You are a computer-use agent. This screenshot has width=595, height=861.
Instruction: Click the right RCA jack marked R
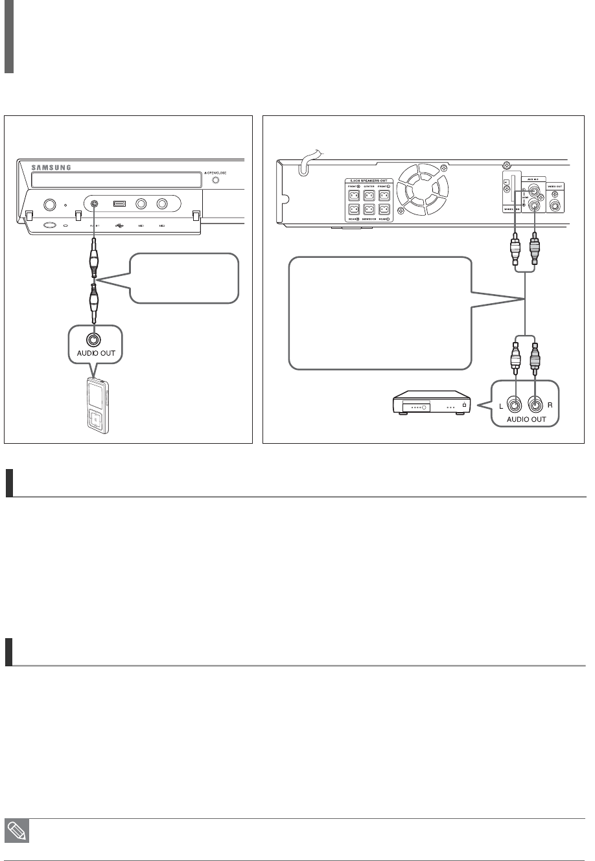point(537,406)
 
